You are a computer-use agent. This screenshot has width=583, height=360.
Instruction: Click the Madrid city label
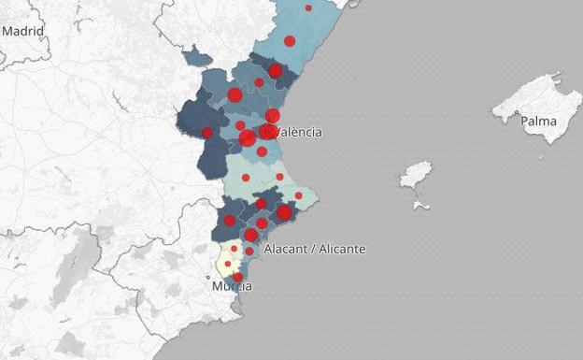pos(22,31)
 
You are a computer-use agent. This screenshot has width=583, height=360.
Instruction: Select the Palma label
pos(538,122)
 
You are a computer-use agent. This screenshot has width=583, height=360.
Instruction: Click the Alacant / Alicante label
pos(315,250)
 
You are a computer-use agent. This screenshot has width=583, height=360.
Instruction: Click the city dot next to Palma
pos(515,116)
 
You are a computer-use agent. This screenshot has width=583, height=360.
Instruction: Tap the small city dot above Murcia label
pos(209,277)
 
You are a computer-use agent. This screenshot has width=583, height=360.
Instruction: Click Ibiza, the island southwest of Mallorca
pos(416,175)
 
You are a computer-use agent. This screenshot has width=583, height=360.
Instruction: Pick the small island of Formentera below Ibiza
pos(420,204)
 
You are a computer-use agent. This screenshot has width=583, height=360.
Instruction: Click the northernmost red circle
pos(308,7)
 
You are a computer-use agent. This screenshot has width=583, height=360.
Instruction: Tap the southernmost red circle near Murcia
pos(237,277)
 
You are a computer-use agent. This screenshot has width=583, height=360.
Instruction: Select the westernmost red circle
pos(207,133)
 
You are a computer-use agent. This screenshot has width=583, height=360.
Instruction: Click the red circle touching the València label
pos(268,132)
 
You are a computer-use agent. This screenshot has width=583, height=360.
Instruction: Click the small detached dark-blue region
pos(197,57)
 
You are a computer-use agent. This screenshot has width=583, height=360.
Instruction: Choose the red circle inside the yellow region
pos(227,263)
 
